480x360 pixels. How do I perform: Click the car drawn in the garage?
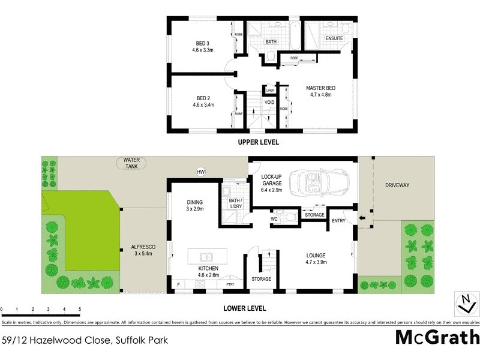(319, 181)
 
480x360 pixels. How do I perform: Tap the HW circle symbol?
(201, 172)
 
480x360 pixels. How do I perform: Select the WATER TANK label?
(131, 163)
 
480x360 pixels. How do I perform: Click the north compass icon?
(464, 303)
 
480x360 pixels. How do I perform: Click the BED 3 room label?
(203, 47)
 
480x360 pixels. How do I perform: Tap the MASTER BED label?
(320, 92)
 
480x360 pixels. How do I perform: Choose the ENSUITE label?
(334, 38)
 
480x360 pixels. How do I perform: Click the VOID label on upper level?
(270, 103)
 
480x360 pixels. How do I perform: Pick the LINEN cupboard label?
(270, 91)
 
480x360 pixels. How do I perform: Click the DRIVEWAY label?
(397, 185)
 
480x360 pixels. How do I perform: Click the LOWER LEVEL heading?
(244, 308)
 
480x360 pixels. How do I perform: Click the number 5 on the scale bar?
(80, 310)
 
